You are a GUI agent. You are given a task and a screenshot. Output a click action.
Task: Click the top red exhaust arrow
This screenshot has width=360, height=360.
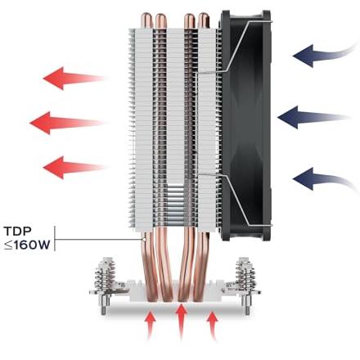pyautogui.click(x=74, y=79)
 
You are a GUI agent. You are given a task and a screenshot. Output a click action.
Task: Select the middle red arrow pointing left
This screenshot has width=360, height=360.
pyautogui.click(x=68, y=123)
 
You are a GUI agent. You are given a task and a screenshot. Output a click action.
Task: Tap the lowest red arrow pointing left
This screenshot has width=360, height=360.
pyautogui.click(x=74, y=167)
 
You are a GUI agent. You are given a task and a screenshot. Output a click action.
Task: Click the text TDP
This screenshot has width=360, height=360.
pyautogui.click(x=18, y=232)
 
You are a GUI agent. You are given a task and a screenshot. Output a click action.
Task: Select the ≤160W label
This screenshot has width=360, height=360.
pyautogui.click(x=27, y=245)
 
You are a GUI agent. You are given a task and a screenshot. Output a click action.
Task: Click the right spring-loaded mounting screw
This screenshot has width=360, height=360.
pyautogui.click(x=245, y=284)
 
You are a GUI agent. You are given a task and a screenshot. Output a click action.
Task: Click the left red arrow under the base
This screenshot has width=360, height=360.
pyautogui.click(x=151, y=326)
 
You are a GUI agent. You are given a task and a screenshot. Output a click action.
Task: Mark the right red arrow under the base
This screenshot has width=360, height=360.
pyautogui.click(x=212, y=326)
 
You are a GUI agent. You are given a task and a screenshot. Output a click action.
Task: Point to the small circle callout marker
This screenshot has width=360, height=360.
pyautogui.click(x=143, y=240)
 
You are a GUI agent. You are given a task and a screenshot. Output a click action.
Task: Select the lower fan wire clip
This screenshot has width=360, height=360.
pyautogui.click(x=235, y=200)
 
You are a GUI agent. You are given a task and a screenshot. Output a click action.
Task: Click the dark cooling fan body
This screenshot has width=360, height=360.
pyautogui.click(x=246, y=125)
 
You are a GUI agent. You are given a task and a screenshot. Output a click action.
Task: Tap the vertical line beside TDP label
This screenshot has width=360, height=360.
pyautogui.click(x=55, y=238)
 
